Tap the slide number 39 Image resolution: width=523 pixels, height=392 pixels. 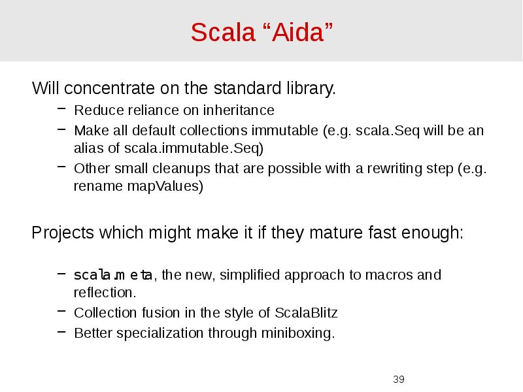tap(399, 380)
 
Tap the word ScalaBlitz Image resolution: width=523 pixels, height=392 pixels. tap(305, 312)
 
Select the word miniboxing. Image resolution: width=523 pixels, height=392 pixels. tap(299, 333)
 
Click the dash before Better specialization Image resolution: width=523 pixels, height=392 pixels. tap(59, 332)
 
